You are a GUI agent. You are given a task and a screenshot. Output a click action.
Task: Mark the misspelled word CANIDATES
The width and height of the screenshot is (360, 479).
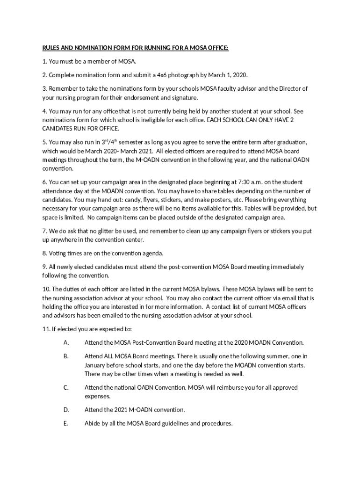click(x=58, y=129)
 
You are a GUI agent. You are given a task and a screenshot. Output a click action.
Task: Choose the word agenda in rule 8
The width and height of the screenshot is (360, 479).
click(x=152, y=254)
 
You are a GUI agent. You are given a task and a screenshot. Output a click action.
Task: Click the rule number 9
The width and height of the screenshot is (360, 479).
click(x=44, y=267)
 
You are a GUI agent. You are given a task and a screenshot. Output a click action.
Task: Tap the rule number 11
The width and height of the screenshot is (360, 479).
click(x=46, y=329)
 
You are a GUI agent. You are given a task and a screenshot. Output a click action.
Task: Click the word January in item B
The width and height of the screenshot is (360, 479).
click(x=96, y=365)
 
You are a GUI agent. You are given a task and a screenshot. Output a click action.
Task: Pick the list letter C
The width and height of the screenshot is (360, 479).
click(x=66, y=388)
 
